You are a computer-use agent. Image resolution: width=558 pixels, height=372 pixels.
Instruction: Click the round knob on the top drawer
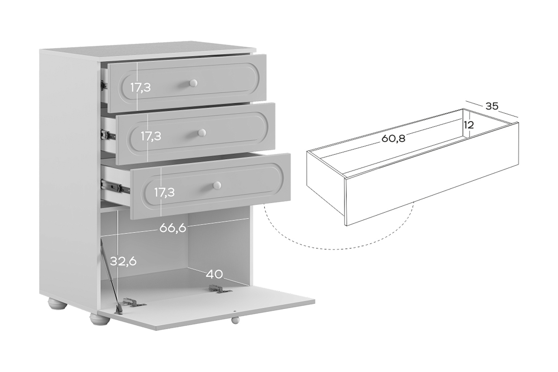pyautogui.click(x=193, y=83)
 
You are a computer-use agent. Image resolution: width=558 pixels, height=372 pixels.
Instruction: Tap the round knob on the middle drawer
pyautogui.click(x=202, y=132)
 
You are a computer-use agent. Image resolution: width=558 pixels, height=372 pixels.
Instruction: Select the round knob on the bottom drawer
pyautogui.click(x=217, y=185)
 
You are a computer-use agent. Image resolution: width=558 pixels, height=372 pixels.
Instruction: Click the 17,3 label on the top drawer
pyautogui.click(x=141, y=87)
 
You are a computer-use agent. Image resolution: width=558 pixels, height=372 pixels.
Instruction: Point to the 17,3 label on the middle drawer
pyautogui.click(x=151, y=136)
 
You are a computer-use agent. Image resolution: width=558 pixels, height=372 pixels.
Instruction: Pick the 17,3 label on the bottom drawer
pyautogui.click(x=164, y=192)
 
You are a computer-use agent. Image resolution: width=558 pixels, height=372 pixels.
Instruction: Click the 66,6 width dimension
pyautogui.click(x=173, y=228)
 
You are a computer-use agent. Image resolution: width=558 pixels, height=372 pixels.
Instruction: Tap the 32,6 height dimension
pyautogui.click(x=123, y=261)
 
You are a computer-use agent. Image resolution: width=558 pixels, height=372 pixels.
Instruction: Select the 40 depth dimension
pyautogui.click(x=214, y=274)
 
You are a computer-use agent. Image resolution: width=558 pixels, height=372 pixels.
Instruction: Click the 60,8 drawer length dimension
pyautogui.click(x=393, y=138)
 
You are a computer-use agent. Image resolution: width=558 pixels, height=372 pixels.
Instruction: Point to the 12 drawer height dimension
pyautogui.click(x=469, y=125)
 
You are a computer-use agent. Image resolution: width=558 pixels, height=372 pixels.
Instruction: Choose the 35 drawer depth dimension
pyautogui.click(x=492, y=106)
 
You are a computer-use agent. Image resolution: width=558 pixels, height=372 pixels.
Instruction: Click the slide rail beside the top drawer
pyautogui.click(x=104, y=85)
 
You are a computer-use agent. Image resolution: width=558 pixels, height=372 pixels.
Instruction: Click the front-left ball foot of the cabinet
pyautogui.click(x=100, y=319)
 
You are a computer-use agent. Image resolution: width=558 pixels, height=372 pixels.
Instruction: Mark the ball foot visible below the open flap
pyautogui.click(x=235, y=320)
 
